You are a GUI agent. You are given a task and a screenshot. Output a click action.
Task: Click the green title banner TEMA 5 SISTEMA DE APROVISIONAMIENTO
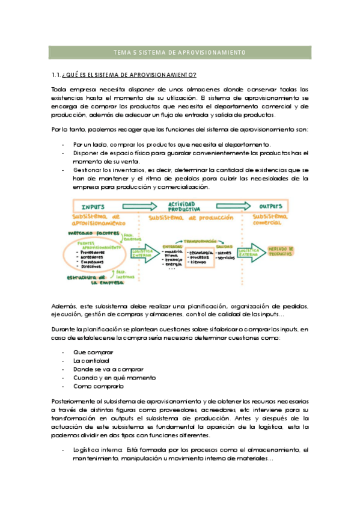click(180, 53)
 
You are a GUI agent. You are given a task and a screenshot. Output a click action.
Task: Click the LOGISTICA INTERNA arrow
click(142, 253)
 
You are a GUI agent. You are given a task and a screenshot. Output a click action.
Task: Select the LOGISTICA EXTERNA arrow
click(248, 253)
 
